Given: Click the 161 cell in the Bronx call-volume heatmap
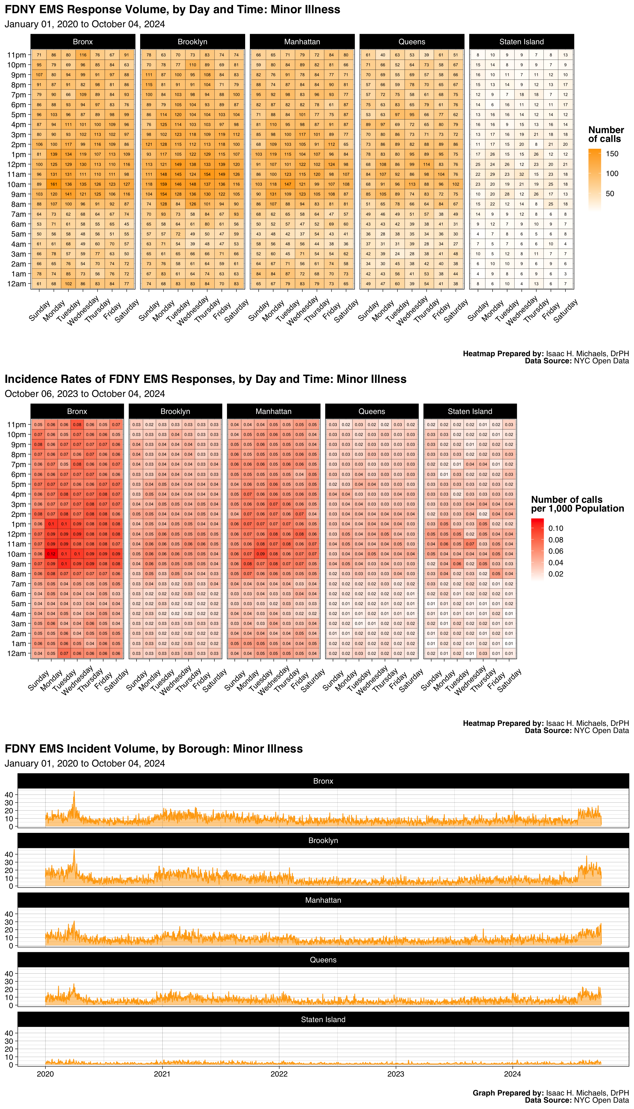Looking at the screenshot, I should pyautogui.click(x=54, y=184).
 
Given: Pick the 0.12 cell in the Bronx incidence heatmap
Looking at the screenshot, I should pyautogui.click(x=51, y=554).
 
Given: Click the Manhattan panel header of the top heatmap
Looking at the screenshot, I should pyautogui.click(x=302, y=42).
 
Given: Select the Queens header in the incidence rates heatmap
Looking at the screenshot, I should pyautogui.click(x=371, y=411).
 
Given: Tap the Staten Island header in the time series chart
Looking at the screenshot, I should pyautogui.click(x=323, y=1019).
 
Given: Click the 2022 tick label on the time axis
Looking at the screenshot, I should pyautogui.click(x=279, y=1074).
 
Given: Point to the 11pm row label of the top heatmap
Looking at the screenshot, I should pyautogui.click(x=17, y=55).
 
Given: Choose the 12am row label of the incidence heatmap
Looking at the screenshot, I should pyautogui.click(x=17, y=653).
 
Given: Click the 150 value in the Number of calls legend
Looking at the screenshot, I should pyautogui.click(x=612, y=154).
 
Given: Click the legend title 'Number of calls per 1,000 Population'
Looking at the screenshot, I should pyautogui.click(x=577, y=504).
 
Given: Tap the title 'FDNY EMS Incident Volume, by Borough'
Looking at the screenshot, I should pyautogui.click(x=153, y=749).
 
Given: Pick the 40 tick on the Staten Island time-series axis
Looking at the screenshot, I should pyautogui.click(x=9, y=1033).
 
